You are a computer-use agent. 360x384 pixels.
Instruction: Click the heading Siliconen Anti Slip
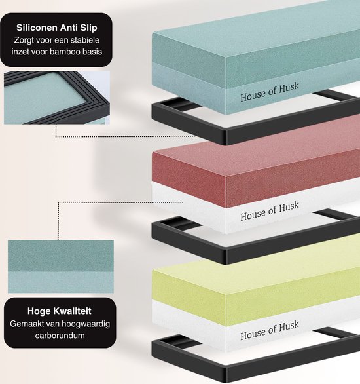pos(57,28)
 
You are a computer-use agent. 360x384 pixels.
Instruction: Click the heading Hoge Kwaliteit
pos(60,311)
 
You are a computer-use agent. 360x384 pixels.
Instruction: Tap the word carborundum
pos(60,336)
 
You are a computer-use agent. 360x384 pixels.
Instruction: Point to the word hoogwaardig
pos(86,324)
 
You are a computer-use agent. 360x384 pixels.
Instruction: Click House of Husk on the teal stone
pos(270,92)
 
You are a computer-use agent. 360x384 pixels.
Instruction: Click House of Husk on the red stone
pos(270,211)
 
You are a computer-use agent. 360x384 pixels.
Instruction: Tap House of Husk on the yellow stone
pos(270,330)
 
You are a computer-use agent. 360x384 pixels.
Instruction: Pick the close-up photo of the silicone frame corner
pos(57,98)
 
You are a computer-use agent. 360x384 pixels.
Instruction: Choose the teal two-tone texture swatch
pos(61,267)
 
